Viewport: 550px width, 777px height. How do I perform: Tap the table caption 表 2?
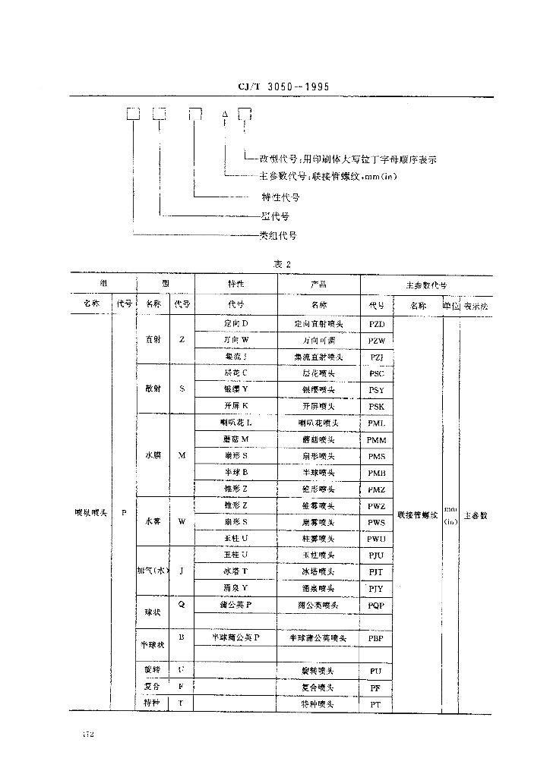[283, 263]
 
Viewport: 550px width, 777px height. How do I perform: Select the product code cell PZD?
[377, 324]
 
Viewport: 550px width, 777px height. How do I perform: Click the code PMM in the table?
[377, 439]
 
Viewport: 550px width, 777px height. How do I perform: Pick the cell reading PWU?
[377, 539]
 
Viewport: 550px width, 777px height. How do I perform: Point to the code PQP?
[377, 606]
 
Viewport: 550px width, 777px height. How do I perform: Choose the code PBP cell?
[377, 639]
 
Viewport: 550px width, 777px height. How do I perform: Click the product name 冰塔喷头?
[318, 571]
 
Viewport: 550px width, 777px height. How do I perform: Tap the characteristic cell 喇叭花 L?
[236, 423]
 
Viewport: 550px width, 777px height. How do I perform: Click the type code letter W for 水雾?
[182, 522]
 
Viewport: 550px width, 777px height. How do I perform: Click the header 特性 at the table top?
[236, 284]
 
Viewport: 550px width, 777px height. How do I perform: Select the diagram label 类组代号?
[278, 236]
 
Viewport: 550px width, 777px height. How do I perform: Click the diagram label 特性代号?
[280, 197]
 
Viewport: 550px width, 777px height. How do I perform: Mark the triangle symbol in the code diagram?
[225, 115]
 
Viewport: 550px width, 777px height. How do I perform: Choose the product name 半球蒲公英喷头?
[318, 639]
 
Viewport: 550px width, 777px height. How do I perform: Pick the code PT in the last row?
[376, 704]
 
